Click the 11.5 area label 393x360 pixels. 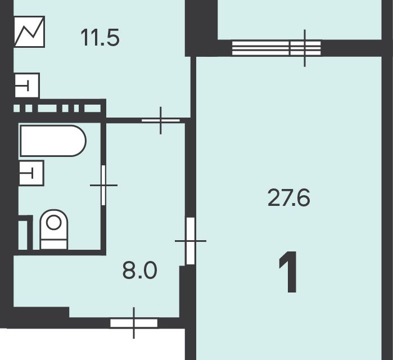[100, 38]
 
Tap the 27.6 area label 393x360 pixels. [289, 198]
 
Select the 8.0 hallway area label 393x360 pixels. [140, 270]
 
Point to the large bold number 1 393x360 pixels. [288, 272]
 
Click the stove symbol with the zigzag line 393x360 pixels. [29, 31]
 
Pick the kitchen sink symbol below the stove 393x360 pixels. [27, 85]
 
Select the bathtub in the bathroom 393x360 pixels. [53, 141]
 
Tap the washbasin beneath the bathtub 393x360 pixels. [31, 173]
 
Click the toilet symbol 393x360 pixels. [54, 229]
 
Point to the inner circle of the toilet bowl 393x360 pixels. [54, 222]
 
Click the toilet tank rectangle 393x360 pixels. [54, 244]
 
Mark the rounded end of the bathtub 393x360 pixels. [79, 141]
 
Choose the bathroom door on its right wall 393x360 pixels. [103, 185]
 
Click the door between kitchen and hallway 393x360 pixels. [161, 120]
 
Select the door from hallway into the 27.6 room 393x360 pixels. [191, 241]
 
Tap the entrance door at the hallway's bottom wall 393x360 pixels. [134, 323]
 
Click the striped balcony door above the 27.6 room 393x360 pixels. [277, 48]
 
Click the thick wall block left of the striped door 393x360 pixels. [201, 28]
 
